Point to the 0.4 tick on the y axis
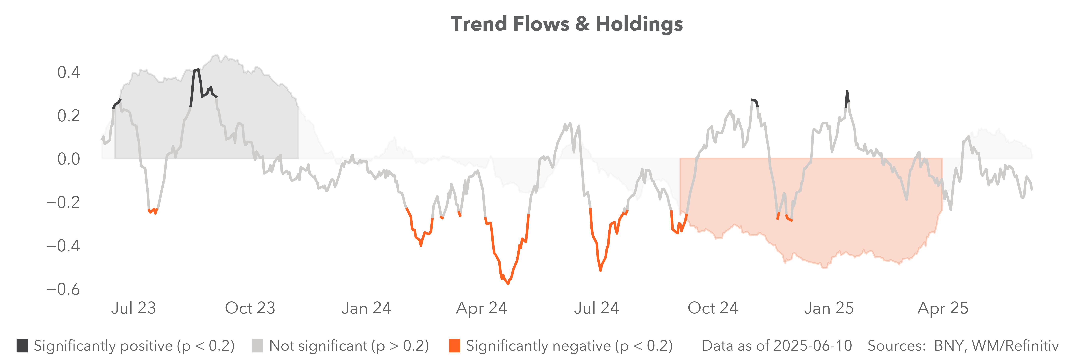[68, 73]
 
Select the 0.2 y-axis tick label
[68, 116]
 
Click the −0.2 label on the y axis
[63, 202]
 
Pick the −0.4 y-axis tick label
[63, 246]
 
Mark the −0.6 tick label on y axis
[63, 289]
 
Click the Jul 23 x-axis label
[133, 308]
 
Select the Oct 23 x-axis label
[250, 308]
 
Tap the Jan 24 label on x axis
[366, 308]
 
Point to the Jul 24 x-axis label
[596, 308]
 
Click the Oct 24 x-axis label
[713, 308]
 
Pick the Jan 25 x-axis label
[829, 308]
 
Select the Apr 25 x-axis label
[943, 308]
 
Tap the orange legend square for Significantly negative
[454, 346]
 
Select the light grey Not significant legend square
[257, 346]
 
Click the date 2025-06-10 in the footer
[813, 346]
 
